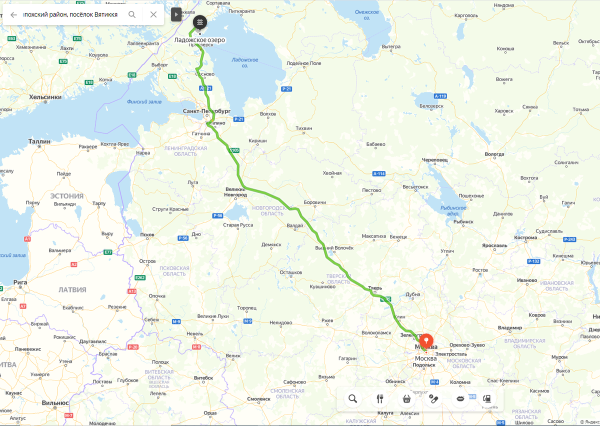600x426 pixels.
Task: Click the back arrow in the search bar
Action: pyautogui.click(x=13, y=14)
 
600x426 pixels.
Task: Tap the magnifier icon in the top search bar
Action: pyautogui.click(x=132, y=14)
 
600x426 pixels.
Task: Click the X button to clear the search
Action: pyautogui.click(x=153, y=14)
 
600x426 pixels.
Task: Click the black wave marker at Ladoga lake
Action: pyautogui.click(x=199, y=23)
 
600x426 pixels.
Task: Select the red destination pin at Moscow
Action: pyautogui.click(x=425, y=337)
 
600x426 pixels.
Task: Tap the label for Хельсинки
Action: pyautogui.click(x=45, y=97)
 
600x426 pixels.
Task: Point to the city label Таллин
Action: pyautogui.click(x=39, y=141)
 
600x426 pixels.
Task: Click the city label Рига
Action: pyautogui.click(x=20, y=282)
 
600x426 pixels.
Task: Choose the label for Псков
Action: pyautogui.click(x=147, y=234)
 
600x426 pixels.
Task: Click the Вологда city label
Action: pyautogui.click(x=494, y=154)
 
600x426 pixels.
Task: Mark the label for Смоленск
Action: pyautogui.click(x=258, y=399)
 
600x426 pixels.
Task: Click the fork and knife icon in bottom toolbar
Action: pyautogui.click(x=379, y=398)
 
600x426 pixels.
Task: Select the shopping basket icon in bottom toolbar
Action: pyautogui.click(x=406, y=398)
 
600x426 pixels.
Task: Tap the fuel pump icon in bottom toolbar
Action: pyautogui.click(x=486, y=398)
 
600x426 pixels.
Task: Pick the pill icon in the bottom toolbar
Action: pyautogui.click(x=433, y=398)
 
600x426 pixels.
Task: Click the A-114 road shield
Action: pyautogui.click(x=379, y=173)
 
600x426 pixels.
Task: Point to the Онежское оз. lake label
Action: pyautogui.click(x=362, y=14)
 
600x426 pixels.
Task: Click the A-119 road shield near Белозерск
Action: pyautogui.click(x=440, y=95)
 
